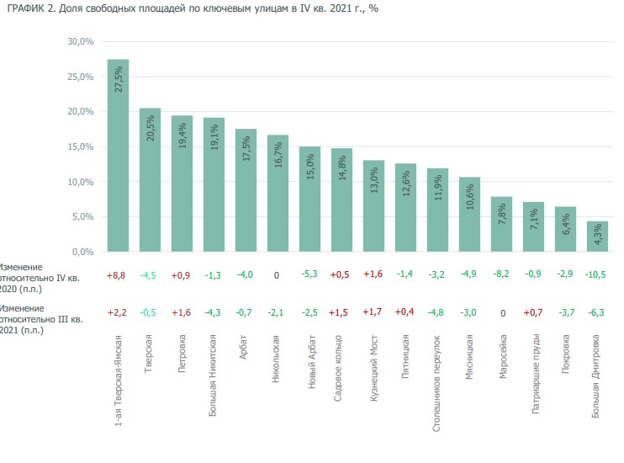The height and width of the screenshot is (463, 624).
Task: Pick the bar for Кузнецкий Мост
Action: click(373, 206)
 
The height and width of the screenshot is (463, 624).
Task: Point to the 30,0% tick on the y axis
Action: click(80, 41)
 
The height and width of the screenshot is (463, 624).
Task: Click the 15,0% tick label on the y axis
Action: click(80, 146)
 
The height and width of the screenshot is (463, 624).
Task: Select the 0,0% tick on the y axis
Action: click(82, 252)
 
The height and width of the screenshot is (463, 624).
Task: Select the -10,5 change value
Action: click(596, 274)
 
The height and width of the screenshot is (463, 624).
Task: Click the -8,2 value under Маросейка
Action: click(500, 274)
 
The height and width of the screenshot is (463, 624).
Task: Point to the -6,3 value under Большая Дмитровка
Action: click(596, 312)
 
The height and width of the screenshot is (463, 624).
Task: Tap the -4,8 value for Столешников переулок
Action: click(436, 312)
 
